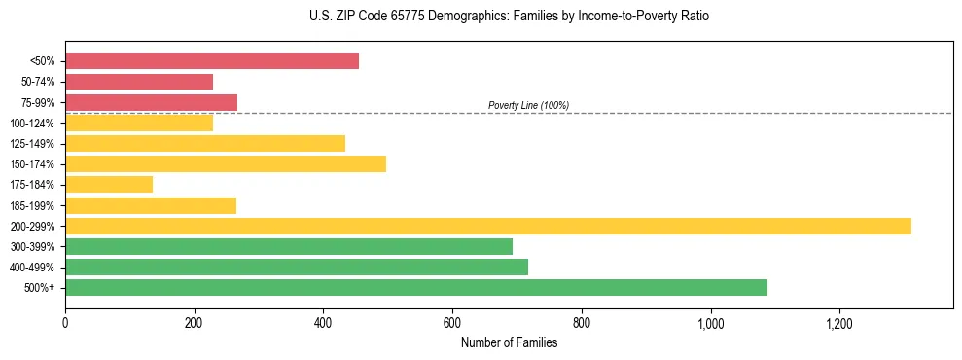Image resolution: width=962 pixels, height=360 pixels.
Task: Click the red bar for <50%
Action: (211, 61)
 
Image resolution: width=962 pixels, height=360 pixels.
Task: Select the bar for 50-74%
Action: (139, 82)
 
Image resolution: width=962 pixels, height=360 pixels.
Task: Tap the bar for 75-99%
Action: (151, 102)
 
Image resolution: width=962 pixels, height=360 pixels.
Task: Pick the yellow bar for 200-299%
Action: (487, 226)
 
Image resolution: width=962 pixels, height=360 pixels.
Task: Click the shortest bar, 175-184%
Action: (109, 185)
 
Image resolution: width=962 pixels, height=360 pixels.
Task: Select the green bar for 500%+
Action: (415, 288)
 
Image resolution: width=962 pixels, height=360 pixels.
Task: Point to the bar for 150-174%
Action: (226, 163)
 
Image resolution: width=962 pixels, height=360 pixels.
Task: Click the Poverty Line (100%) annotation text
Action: (528, 105)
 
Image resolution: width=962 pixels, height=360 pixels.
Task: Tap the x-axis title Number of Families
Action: (509, 342)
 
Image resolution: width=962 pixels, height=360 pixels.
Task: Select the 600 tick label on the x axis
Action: (452, 323)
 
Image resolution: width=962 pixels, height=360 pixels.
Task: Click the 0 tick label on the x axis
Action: (65, 323)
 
